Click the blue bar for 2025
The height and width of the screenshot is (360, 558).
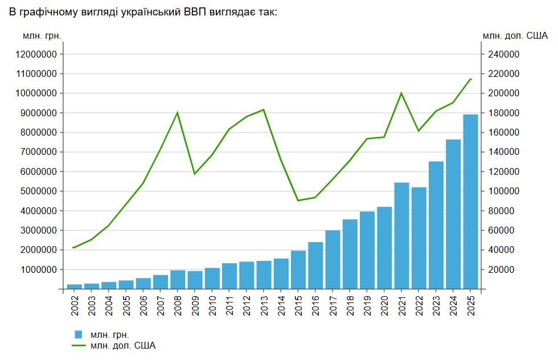[x=470, y=202]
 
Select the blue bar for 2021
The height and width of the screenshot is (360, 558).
[x=402, y=236]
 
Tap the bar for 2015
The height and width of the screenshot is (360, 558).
[x=298, y=269]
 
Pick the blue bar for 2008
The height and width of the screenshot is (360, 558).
[x=178, y=280]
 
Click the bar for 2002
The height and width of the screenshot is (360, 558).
[x=75, y=287]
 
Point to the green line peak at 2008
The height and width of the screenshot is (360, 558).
[x=178, y=113]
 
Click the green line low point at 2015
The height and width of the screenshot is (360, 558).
[x=298, y=201]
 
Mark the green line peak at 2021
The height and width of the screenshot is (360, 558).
[x=401, y=93]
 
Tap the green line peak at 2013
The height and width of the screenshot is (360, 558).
[x=264, y=110]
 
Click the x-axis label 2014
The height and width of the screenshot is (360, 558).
[x=281, y=306]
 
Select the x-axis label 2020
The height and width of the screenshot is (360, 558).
[x=384, y=306]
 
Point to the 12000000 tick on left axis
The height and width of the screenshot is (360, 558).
[x=36, y=55]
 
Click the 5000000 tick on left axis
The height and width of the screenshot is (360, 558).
[x=39, y=191]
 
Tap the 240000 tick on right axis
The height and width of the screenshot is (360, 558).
[x=503, y=55]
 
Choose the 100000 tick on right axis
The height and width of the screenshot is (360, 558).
[x=503, y=191]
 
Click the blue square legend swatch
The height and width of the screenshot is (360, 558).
[x=79, y=334]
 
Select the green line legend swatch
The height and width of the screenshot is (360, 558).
[x=79, y=345]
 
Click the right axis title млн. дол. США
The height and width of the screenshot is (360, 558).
[x=515, y=36]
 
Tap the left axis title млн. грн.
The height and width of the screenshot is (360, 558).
[x=42, y=36]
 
